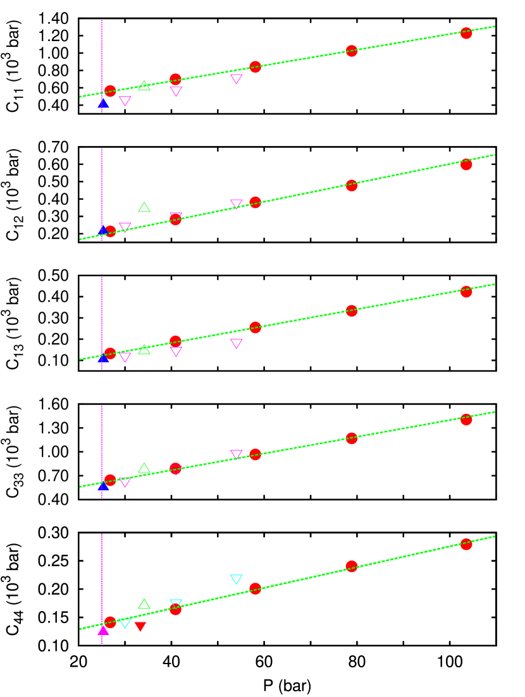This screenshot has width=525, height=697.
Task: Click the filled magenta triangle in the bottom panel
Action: [x=103, y=630]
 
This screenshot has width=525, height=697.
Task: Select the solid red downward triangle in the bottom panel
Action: [x=140, y=626]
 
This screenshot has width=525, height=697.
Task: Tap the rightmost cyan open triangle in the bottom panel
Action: [x=237, y=579]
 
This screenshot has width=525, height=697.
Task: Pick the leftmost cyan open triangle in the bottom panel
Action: [x=125, y=623]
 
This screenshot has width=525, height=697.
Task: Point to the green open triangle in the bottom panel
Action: [x=144, y=604]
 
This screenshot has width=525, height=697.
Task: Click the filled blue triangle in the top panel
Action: [x=103, y=103]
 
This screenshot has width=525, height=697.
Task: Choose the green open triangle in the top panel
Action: [x=144, y=85]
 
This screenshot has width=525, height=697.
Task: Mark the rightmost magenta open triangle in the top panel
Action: [x=237, y=78]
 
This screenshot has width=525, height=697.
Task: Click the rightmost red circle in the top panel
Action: [x=466, y=33]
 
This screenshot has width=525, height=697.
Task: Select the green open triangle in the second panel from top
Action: [x=144, y=207]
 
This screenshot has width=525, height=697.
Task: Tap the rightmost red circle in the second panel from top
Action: [x=466, y=164]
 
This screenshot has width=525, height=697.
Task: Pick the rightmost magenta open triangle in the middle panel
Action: [x=237, y=343]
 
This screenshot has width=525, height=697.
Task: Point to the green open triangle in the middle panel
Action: [x=144, y=349]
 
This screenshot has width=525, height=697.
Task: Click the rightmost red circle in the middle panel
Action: [x=466, y=291]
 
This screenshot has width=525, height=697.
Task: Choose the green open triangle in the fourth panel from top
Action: [x=144, y=468]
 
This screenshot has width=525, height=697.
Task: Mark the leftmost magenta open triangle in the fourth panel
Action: [x=125, y=482]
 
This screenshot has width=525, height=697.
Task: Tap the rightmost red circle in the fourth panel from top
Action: [x=466, y=419]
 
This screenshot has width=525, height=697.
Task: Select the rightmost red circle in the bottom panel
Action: [x=466, y=544]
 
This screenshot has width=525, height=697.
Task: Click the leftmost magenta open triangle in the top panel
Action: [x=125, y=100]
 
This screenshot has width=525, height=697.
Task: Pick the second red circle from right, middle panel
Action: [x=352, y=311]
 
